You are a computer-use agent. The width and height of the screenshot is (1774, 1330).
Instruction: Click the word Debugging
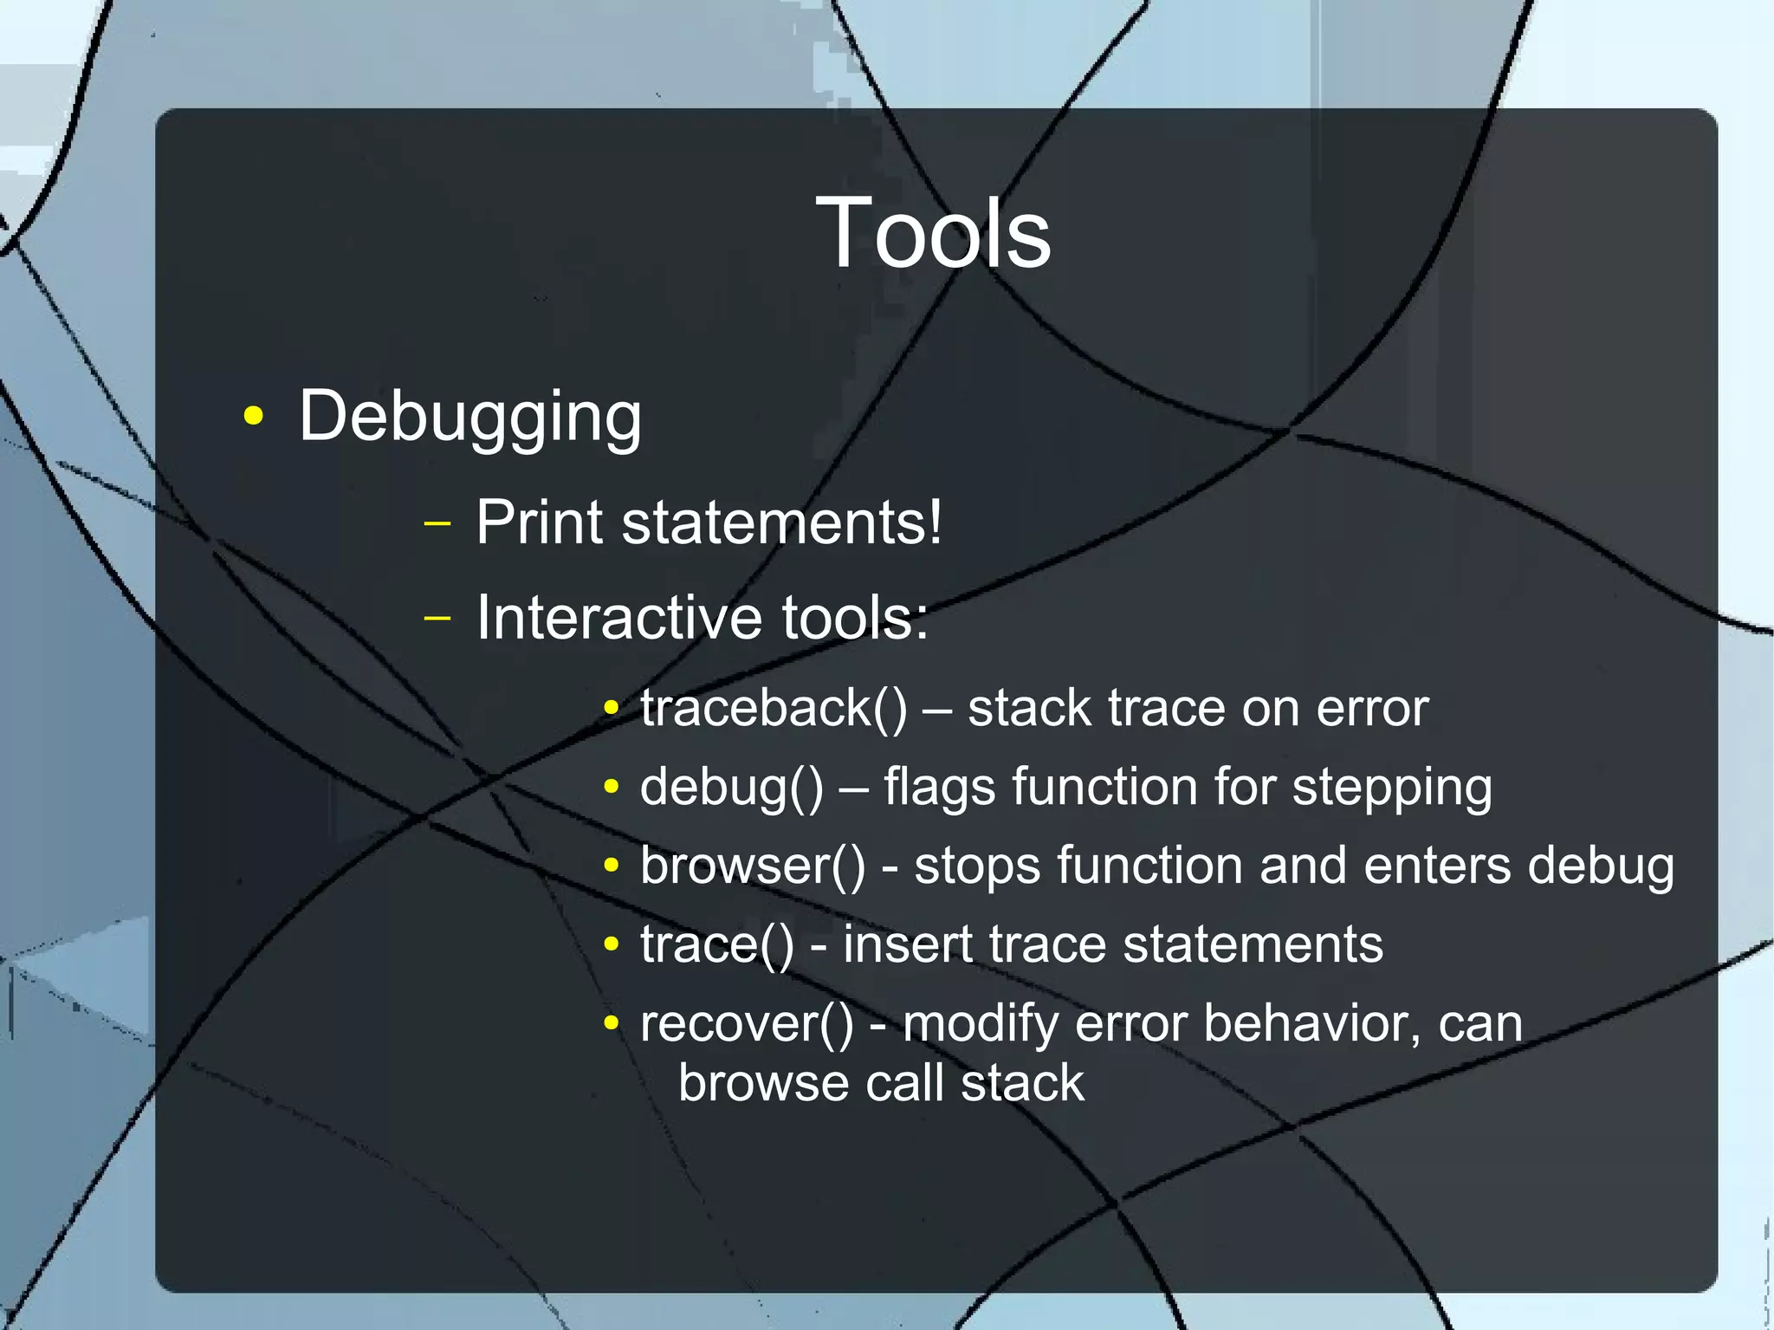click(469, 418)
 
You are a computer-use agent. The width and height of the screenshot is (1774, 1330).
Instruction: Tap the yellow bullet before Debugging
click(253, 416)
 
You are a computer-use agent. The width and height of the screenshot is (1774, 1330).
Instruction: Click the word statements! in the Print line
click(781, 522)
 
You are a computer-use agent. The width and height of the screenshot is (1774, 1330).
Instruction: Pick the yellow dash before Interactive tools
click(438, 618)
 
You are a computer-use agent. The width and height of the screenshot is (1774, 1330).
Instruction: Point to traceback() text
click(774, 709)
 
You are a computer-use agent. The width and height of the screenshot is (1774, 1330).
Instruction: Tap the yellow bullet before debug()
click(612, 787)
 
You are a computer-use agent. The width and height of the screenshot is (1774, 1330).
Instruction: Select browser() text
click(752, 866)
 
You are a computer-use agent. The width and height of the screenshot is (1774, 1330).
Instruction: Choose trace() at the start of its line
click(716, 944)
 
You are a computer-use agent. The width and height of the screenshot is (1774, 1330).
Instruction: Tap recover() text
click(746, 1024)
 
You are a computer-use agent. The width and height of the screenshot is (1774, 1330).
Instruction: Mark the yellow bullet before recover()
click(612, 1023)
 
